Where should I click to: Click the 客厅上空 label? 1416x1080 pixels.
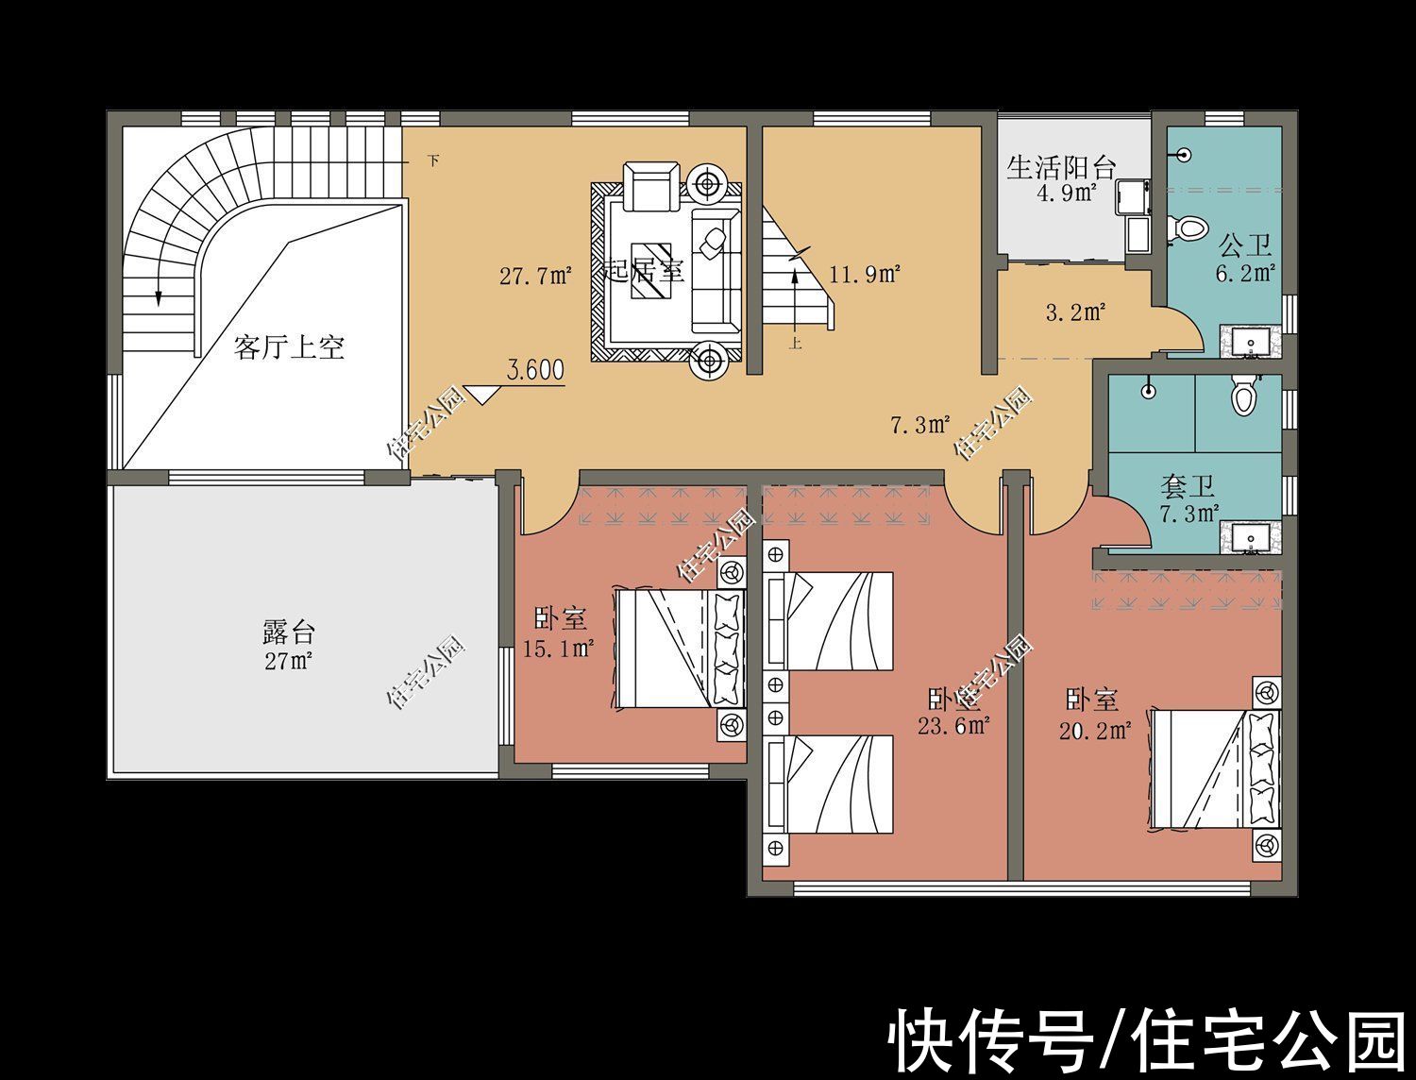(289, 347)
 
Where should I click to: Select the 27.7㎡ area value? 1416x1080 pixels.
(535, 277)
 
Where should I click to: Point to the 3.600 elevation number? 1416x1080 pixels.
(536, 369)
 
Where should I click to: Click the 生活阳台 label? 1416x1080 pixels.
(1061, 168)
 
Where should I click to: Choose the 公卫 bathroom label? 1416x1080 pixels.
(1244, 247)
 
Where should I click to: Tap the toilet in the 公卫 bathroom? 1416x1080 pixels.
(1190, 228)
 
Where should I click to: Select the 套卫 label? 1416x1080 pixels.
(1187, 487)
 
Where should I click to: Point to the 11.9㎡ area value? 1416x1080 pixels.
(865, 275)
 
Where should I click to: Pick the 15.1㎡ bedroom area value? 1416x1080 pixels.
(559, 649)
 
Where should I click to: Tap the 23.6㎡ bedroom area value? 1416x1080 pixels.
(953, 726)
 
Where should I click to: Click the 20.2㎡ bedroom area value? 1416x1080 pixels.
(1094, 730)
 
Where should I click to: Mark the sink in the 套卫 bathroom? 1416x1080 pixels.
(1252, 539)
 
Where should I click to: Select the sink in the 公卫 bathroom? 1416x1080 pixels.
(1252, 341)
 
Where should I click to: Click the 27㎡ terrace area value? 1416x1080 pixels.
(288, 661)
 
